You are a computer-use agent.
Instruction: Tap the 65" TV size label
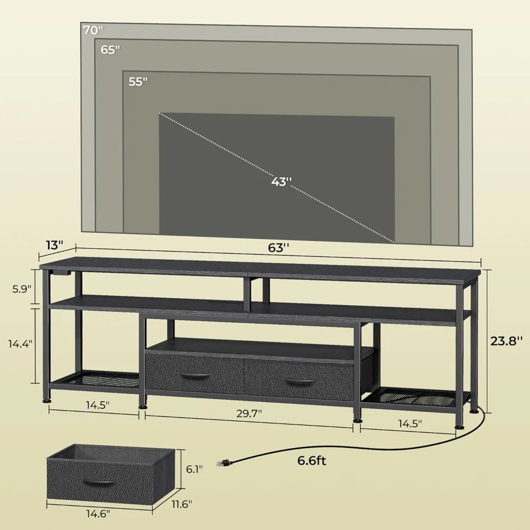point(111,50)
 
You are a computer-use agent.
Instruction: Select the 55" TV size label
point(138,82)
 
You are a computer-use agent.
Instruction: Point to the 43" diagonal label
point(281,181)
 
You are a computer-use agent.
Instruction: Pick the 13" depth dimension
point(54,245)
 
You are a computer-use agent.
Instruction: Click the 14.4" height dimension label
point(20,343)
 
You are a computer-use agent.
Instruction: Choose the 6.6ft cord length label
point(311,461)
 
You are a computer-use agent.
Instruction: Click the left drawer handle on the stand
point(195,376)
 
